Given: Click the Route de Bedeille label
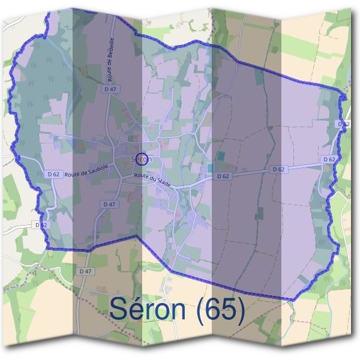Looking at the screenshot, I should (x=111, y=65).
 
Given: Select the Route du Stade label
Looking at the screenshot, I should (x=152, y=179).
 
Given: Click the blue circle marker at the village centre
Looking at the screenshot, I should (x=142, y=159).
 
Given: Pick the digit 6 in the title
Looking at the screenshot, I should (x=215, y=310).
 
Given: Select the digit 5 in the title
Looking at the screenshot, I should (x=231, y=310).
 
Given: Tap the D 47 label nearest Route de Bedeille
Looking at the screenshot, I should (x=109, y=89).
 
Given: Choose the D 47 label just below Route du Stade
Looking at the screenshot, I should (x=109, y=204).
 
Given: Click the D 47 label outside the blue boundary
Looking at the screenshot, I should (x=85, y=271).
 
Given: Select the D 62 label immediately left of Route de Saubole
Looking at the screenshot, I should (x=53, y=174).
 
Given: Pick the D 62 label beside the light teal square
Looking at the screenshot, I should (x=223, y=176).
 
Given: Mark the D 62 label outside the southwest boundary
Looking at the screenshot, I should (x=40, y=224).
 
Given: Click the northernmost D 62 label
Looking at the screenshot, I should (x=343, y=123).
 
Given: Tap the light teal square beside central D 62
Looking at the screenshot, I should (x=211, y=168).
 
